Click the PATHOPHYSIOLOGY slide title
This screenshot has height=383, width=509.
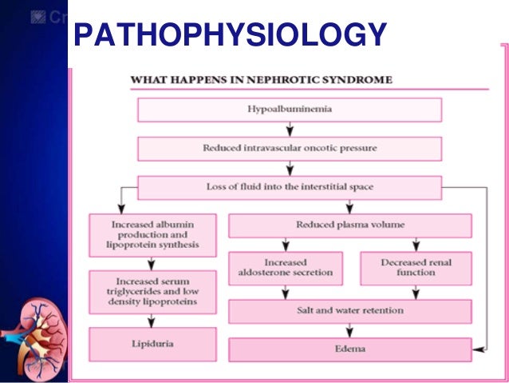point(229,34)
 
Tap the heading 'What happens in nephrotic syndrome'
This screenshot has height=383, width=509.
point(261,80)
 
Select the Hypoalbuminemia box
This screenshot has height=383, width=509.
point(289,110)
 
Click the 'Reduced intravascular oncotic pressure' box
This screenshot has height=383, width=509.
point(289,148)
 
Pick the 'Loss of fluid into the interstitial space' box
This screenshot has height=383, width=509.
point(289,187)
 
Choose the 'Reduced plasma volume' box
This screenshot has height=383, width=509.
point(349,225)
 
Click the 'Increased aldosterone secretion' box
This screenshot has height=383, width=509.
point(285,268)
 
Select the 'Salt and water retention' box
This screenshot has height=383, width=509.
point(349,310)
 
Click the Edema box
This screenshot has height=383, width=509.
point(349,349)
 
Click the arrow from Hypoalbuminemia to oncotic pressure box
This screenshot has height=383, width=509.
point(289,129)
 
